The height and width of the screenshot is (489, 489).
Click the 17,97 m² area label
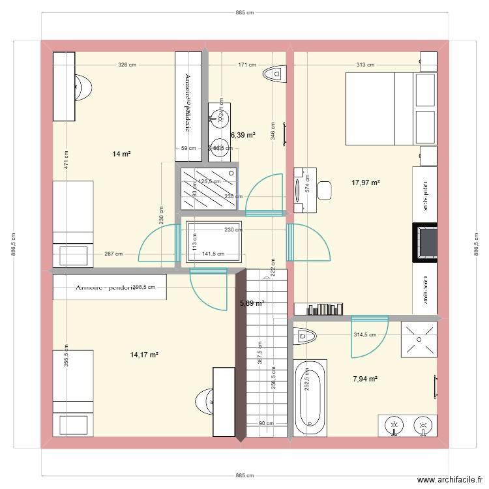[x=366, y=183]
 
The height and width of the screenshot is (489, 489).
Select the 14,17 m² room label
[x=145, y=355]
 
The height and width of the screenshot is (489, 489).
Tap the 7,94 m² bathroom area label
[x=366, y=378]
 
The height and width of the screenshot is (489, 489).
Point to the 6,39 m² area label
[x=243, y=135]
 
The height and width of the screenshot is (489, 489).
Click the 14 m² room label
[x=121, y=154]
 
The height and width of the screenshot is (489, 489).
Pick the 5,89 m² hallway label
[x=252, y=303]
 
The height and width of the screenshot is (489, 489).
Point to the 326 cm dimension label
[x=127, y=65]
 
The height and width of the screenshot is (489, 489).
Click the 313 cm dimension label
[x=365, y=65]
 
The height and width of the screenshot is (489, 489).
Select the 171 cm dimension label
[x=247, y=65]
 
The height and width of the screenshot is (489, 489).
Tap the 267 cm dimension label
[x=113, y=254]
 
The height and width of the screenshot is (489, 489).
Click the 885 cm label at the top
[x=245, y=12]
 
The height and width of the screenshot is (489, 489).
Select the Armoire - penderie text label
[x=104, y=288]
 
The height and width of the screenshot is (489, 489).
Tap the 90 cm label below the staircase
[x=265, y=424]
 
